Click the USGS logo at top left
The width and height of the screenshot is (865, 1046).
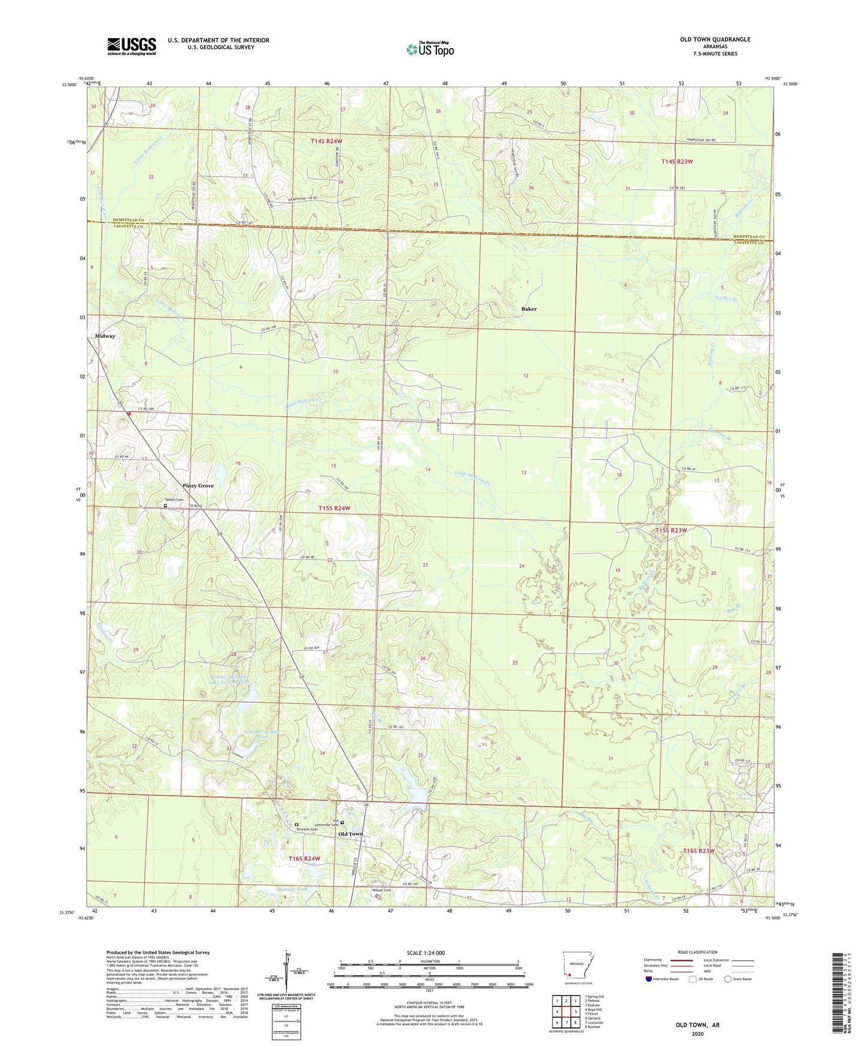(x=132, y=46)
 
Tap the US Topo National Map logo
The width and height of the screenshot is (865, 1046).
(x=430, y=49)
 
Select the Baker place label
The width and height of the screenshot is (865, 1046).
(x=529, y=309)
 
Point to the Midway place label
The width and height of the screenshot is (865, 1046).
(x=105, y=336)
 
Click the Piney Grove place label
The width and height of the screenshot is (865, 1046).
(x=198, y=486)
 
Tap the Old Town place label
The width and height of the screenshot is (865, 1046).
(x=350, y=834)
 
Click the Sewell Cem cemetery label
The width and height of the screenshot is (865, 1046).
(x=174, y=500)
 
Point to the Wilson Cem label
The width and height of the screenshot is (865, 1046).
(x=381, y=890)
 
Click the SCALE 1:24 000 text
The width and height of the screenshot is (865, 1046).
(x=426, y=953)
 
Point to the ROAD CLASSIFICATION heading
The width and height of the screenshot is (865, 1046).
(x=697, y=952)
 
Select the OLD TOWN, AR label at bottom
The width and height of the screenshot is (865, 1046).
(x=697, y=1025)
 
